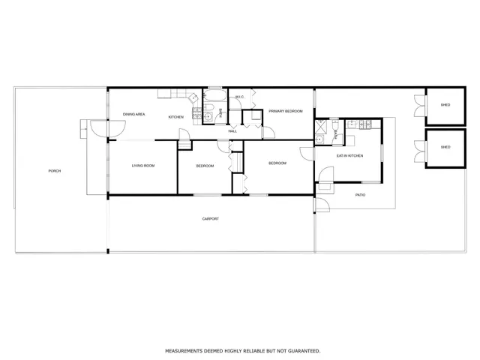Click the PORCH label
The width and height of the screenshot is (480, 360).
54,171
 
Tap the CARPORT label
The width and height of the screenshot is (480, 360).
211,218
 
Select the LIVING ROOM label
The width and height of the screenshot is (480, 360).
143,165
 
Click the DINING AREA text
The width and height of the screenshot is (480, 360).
134,115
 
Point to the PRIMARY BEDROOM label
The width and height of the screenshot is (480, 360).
286,111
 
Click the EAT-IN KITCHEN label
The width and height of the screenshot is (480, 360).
349,155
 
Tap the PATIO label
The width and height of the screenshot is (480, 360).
360,195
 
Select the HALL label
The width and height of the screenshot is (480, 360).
232,130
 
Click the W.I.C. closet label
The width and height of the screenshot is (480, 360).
239,97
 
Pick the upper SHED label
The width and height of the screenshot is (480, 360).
445,104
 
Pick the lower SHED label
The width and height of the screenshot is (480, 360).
445,147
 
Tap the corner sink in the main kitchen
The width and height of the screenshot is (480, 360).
192,97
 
